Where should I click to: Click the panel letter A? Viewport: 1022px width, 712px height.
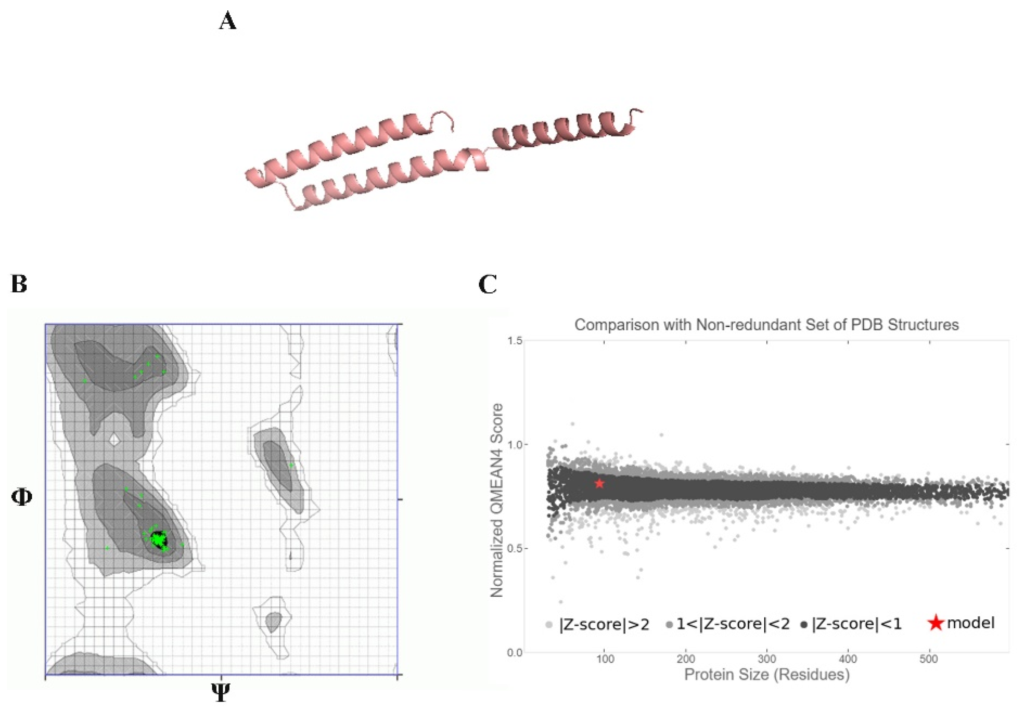click(x=227, y=22)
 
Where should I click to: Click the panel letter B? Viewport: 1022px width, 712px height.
click(x=19, y=284)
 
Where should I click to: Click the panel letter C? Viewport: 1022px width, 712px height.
click(x=487, y=284)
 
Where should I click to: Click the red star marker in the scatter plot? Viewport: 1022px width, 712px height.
click(x=600, y=483)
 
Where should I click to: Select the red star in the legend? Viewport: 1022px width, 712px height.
click(x=936, y=623)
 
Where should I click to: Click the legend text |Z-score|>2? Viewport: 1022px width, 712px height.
click(x=604, y=624)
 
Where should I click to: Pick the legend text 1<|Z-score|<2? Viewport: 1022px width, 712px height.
click(x=733, y=624)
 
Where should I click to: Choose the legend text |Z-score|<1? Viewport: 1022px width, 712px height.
click(x=857, y=624)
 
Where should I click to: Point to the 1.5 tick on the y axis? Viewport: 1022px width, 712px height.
click(x=515, y=341)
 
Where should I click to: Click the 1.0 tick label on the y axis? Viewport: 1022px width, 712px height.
click(x=515, y=445)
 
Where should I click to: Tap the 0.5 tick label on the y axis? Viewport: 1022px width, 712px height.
click(x=515, y=549)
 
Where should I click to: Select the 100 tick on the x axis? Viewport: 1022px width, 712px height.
click(x=605, y=659)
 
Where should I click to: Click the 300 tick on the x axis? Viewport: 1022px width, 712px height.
click(x=767, y=659)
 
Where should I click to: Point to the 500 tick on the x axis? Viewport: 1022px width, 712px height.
click(x=929, y=659)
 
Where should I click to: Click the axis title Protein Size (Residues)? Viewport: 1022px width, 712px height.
click(x=767, y=675)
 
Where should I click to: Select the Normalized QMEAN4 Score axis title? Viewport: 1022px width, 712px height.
click(x=497, y=500)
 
